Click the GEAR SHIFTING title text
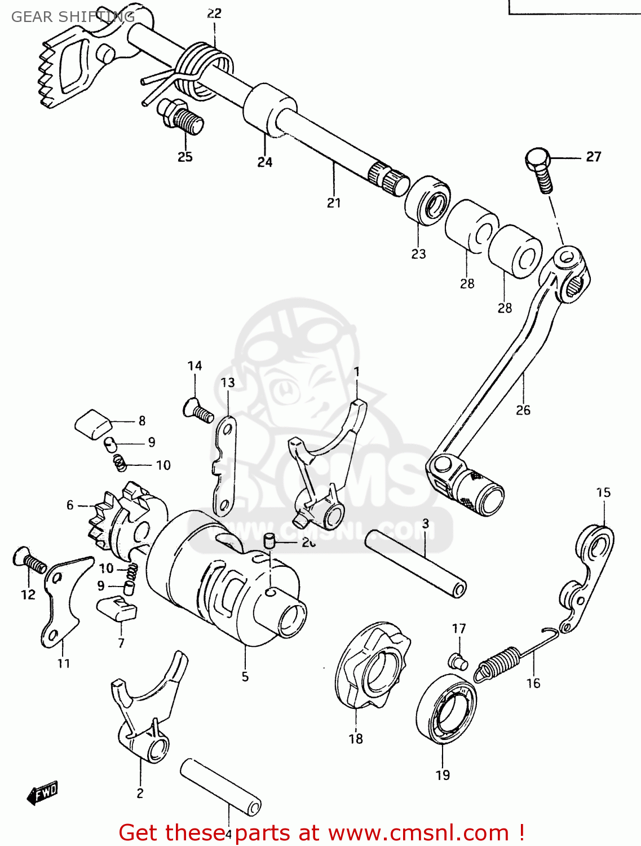(73, 17)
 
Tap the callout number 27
(593, 157)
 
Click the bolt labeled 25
(182, 117)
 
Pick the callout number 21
(334, 202)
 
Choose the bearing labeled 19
(446, 710)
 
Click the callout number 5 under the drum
(245, 676)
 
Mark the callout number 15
(603, 492)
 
